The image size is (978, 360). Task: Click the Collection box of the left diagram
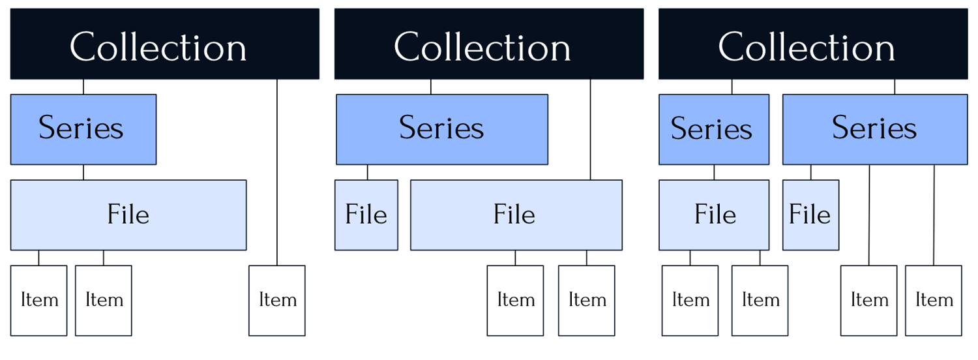click(x=164, y=44)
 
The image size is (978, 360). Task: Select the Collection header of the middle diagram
click(x=488, y=44)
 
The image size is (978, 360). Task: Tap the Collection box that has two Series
click(x=812, y=44)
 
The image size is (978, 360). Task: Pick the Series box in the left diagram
click(x=83, y=129)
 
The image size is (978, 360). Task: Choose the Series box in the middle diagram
click(x=441, y=129)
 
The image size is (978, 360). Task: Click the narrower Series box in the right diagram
click(x=713, y=129)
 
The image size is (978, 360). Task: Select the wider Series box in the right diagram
click(x=874, y=129)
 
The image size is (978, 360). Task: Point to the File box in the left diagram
click(x=128, y=215)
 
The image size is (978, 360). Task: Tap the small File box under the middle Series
click(x=366, y=215)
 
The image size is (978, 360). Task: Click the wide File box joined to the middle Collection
click(x=516, y=215)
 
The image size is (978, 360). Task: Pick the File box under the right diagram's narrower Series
click(x=713, y=215)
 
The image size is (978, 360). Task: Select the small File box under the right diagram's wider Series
click(x=810, y=215)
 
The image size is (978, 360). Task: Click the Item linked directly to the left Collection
click(x=277, y=300)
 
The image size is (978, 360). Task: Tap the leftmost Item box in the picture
click(x=38, y=300)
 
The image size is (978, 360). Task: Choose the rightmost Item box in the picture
click(x=933, y=300)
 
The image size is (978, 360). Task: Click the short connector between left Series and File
click(x=83, y=172)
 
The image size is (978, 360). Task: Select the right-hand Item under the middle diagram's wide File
click(x=586, y=300)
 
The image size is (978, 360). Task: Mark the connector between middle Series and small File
click(x=367, y=172)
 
